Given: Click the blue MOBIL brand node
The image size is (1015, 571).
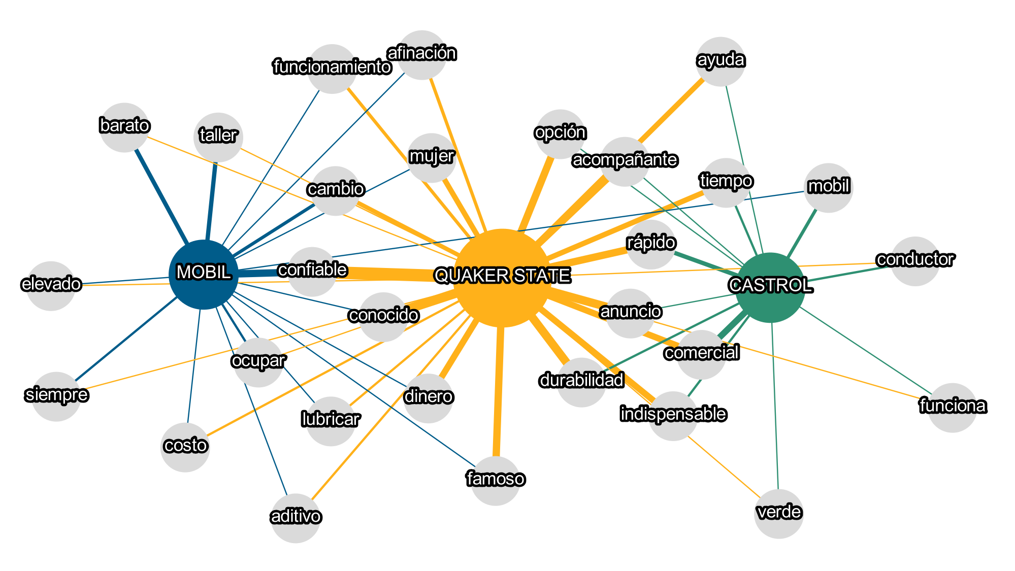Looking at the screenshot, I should click(x=204, y=274).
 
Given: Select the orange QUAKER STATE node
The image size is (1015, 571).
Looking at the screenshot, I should click(x=502, y=277).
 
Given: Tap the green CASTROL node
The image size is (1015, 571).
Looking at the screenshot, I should click(x=770, y=287).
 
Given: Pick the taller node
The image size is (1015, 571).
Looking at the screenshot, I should click(x=218, y=137).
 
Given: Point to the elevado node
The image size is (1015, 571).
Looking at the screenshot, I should click(x=51, y=286).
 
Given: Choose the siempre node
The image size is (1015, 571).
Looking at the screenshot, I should click(x=56, y=396).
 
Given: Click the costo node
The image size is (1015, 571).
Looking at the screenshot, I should click(x=185, y=447).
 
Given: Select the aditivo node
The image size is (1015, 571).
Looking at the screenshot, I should click(x=296, y=518).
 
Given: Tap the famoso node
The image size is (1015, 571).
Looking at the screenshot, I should click(x=496, y=481).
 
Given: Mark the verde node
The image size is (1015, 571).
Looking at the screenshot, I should click(x=779, y=514).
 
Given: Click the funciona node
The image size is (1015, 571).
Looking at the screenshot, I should click(x=952, y=408).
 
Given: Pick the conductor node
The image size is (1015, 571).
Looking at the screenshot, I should click(x=915, y=261).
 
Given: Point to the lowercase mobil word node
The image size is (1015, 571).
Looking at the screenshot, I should click(x=829, y=188).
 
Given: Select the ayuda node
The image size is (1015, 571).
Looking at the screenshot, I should click(x=721, y=61).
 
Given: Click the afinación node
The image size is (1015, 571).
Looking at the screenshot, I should click(x=422, y=55).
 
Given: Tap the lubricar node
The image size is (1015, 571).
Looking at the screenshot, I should click(x=331, y=421).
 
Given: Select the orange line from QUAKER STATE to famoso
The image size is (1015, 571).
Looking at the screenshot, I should click(x=498, y=391).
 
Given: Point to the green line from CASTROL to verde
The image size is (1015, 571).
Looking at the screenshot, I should click(x=775, y=406).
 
